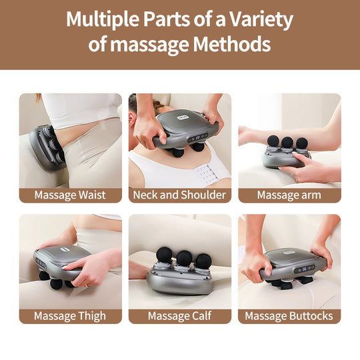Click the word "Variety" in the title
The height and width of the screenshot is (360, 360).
[259, 20]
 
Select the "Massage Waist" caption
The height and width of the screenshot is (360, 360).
[70, 195]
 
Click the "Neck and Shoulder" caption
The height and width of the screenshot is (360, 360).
[179, 195]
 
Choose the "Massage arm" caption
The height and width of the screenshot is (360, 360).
[289, 195]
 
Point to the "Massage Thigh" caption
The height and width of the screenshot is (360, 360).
[70, 315]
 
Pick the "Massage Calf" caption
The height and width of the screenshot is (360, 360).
[179, 315]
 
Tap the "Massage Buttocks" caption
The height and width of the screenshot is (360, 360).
[289, 315]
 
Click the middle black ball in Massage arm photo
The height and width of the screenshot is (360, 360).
[287, 142]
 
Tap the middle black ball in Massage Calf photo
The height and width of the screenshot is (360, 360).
[182, 256]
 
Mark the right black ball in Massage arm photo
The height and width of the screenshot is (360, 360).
[303, 143]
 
